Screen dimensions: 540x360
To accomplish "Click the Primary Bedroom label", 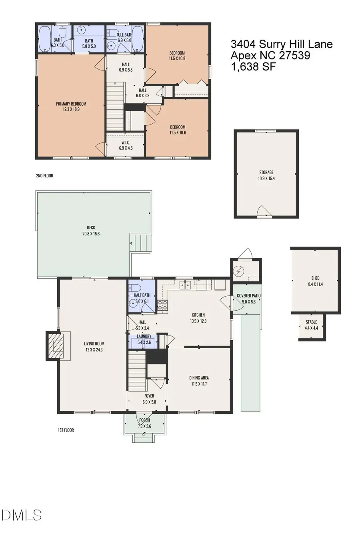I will pos(71,104).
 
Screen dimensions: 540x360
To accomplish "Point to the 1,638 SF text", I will pos(253,66).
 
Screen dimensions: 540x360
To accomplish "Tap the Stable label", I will pos(311,322).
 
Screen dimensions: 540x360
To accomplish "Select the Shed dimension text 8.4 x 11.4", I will pos(315,284).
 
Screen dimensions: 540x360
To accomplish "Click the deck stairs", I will pos(141,243).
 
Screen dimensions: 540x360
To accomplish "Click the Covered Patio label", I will pos(248,296).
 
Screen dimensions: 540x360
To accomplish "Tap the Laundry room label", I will pos(144,336).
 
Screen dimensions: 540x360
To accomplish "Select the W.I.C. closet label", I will pos(126,143).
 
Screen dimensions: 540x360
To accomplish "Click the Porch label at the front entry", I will pos(144,420).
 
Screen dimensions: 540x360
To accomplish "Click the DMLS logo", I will pos(22,515).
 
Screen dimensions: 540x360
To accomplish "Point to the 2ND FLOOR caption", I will pos(44,176).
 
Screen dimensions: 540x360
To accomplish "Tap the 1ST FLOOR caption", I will pos(66,430).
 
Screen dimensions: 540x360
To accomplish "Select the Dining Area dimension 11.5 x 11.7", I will pos(199,384).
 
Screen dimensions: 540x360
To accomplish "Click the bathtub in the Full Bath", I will pos(138,38).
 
